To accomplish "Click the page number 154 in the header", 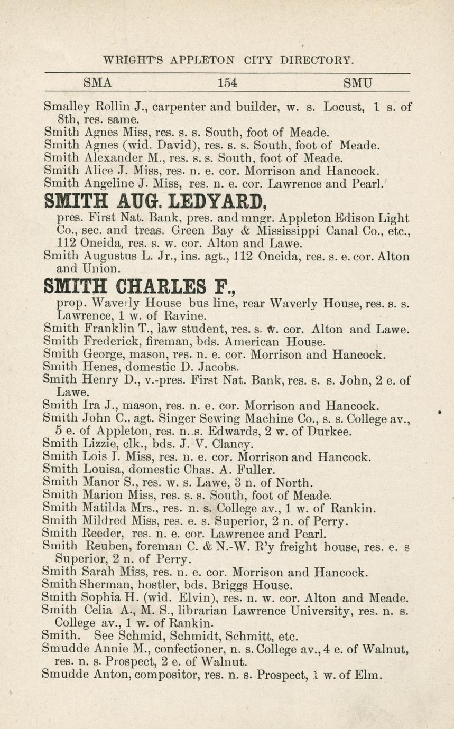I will click(227, 82).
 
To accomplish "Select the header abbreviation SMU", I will click(358, 82).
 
